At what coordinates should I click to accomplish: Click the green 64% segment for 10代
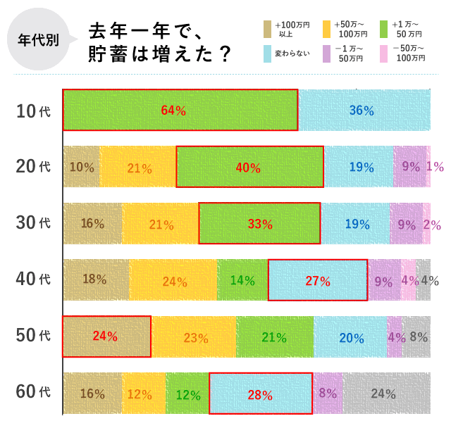tap(180, 110)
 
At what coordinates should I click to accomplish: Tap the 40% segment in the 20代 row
tap(249, 167)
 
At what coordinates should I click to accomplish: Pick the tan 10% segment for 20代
tap(82, 167)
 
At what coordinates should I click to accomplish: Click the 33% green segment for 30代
tap(259, 223)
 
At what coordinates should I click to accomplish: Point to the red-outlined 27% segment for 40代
tap(318, 280)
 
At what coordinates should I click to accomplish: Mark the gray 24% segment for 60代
tap(386, 394)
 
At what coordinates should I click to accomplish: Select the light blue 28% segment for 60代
tap(261, 394)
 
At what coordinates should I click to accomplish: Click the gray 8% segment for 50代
tap(417, 336)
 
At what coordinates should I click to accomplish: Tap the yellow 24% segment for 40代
tap(173, 280)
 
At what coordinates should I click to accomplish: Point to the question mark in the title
tap(225, 54)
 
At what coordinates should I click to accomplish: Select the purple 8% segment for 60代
tap(328, 394)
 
